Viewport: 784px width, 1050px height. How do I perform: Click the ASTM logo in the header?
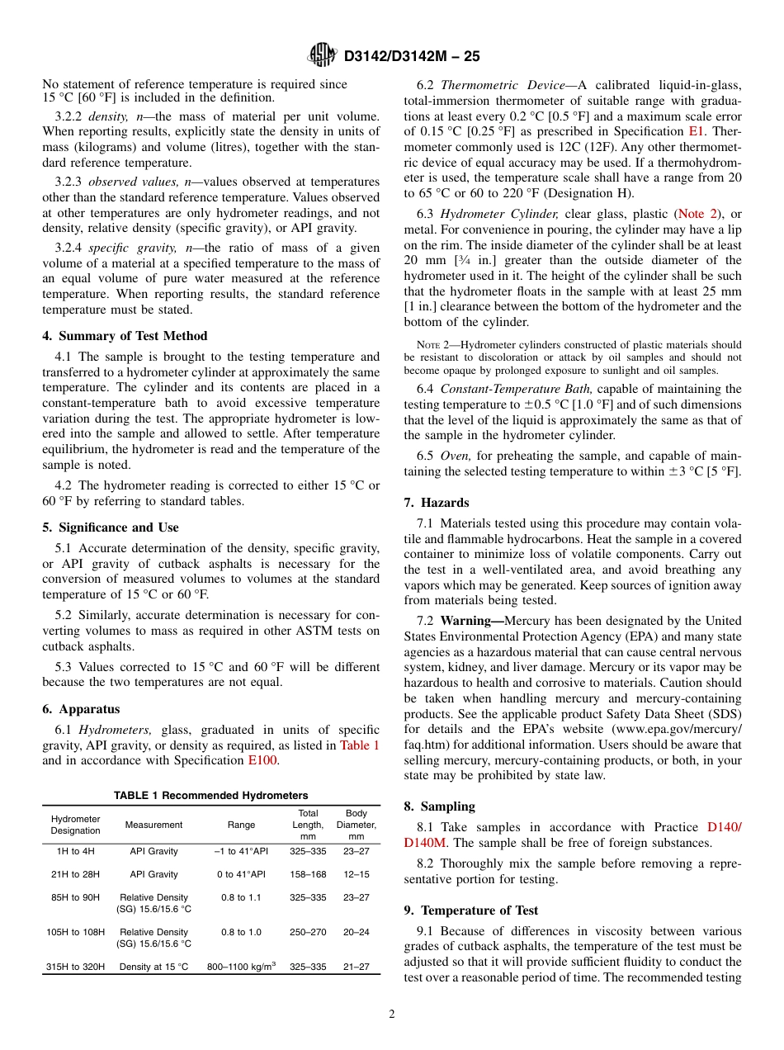(322, 56)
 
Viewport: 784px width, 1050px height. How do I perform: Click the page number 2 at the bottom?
(392, 1015)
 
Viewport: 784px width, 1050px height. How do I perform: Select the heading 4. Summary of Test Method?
(125, 336)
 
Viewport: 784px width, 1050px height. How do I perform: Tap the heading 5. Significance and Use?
(111, 527)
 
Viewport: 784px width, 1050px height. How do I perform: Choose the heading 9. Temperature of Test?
(471, 910)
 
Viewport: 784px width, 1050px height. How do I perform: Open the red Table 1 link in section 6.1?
(360, 745)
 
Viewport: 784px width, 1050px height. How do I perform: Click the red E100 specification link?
(263, 760)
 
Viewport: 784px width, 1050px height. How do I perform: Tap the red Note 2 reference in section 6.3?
(697, 214)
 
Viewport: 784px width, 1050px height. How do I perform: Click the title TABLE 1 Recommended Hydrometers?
(211, 795)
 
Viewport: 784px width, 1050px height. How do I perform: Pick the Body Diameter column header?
(357, 825)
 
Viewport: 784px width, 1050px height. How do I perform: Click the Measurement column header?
(153, 825)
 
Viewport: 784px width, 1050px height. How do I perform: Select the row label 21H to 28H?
(75, 874)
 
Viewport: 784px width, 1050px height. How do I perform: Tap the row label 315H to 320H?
(75, 967)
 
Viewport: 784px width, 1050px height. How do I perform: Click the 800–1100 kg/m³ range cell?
(241, 967)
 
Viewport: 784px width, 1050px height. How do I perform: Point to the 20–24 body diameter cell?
(357, 932)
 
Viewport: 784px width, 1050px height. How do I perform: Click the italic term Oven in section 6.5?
(456, 456)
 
